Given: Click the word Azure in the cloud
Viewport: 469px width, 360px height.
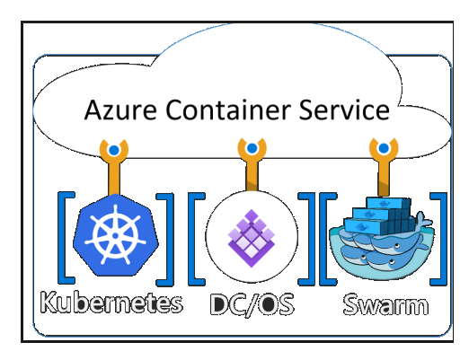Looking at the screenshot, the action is pos(120,110).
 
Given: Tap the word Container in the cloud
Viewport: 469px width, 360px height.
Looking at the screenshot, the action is pos(228,110).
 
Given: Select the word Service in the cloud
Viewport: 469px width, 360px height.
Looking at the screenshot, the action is pos(344,110).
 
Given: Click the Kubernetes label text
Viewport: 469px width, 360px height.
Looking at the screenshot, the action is pos(111,303).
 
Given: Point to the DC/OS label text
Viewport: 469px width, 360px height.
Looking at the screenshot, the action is pos(252,303).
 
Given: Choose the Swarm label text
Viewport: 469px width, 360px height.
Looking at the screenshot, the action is pos(386,304).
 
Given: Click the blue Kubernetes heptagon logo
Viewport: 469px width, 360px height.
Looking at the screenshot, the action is pos(116,235).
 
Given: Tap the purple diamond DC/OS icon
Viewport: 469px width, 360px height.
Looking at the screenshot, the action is pos(252,238).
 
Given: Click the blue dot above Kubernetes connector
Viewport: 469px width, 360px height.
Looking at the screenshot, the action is pos(114,150).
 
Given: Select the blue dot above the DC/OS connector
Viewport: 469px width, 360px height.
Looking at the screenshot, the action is pos(252,148).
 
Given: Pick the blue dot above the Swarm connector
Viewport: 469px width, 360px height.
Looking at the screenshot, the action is pos(384,148).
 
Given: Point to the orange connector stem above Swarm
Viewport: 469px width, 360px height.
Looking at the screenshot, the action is pos(384,179).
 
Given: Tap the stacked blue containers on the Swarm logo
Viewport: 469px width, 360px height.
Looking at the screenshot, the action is pos(379,215).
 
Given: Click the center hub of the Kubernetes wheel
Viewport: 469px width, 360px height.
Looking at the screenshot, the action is pos(116,235).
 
